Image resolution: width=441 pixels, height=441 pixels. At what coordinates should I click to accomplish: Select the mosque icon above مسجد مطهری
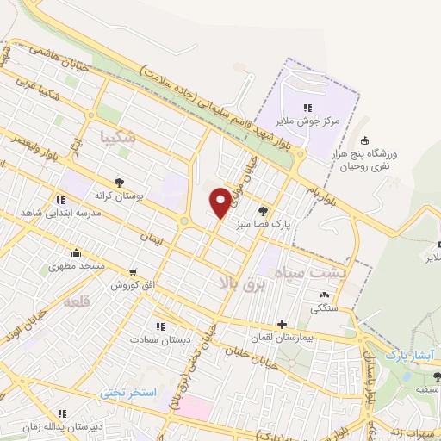[78, 252]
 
